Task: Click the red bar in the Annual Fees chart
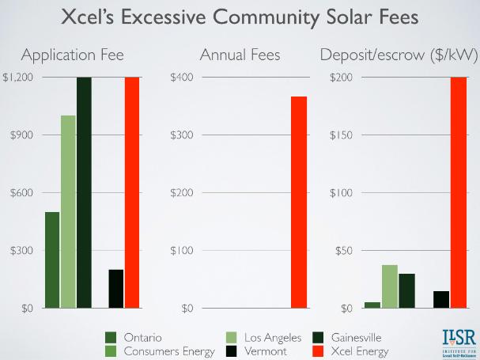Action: tap(298, 202)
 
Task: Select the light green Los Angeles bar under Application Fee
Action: tap(68, 211)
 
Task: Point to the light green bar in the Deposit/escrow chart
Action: tap(389, 286)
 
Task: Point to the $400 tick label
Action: tap(183, 78)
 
